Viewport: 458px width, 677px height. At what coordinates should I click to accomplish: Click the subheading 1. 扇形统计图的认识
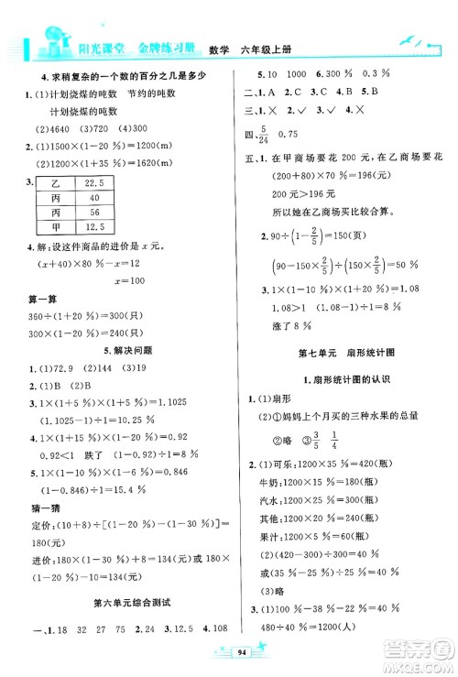click(x=343, y=379)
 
